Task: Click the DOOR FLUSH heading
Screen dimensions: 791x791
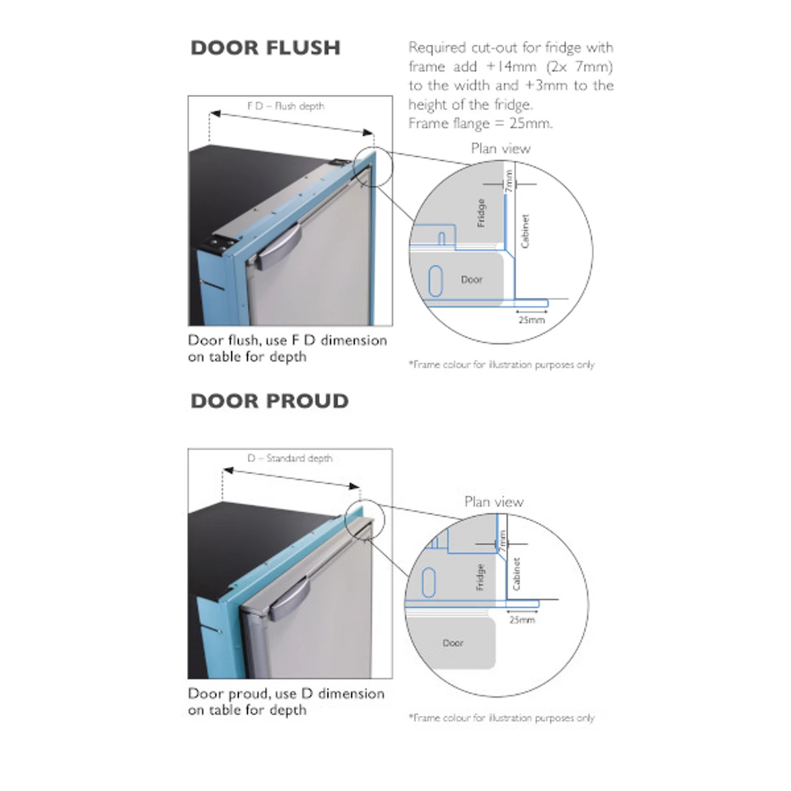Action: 265,48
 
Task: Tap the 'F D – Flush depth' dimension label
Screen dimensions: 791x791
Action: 286,106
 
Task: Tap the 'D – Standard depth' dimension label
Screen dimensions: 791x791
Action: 290,458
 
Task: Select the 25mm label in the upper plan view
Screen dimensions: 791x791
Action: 531,319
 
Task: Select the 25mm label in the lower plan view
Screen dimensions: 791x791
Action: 522,620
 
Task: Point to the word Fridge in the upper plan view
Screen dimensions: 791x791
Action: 481,213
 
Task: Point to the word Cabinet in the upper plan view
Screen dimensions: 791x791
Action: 525,231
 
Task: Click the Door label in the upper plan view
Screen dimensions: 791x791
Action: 472,279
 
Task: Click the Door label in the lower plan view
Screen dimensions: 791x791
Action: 453,643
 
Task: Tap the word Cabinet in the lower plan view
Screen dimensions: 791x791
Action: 517,574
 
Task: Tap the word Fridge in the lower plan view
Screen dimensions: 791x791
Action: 480,577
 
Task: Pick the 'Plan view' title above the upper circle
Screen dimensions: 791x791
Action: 501,148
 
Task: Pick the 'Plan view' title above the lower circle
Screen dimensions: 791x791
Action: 494,502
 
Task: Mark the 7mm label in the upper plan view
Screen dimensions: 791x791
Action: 509,181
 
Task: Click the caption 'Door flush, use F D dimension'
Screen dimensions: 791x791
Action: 287,341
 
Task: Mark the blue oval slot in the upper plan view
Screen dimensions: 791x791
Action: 436,281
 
